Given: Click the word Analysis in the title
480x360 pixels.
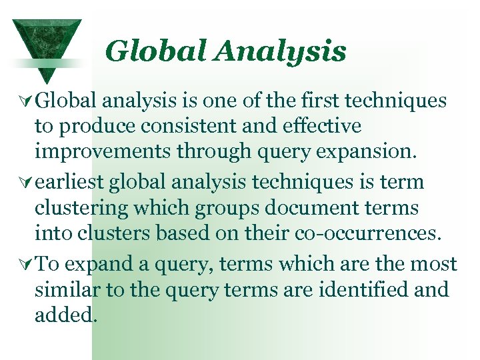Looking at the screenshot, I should coord(288,51).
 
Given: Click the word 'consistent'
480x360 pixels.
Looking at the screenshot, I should coord(174,125).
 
